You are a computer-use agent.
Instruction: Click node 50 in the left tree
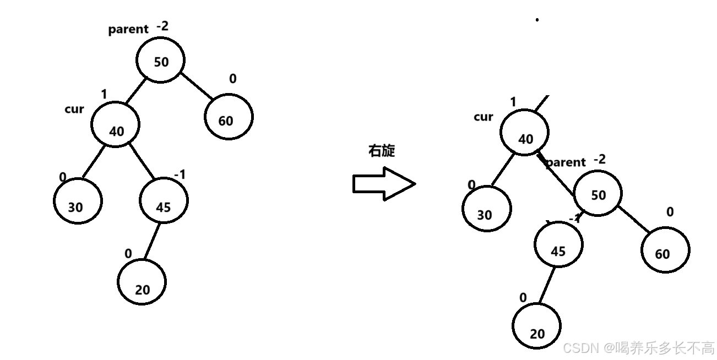[x=160, y=61]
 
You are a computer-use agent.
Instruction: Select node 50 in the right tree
[x=598, y=194]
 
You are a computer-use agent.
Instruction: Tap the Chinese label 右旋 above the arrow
[x=382, y=151]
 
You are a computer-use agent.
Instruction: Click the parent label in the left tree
[x=128, y=29]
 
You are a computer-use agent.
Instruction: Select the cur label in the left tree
[x=74, y=109]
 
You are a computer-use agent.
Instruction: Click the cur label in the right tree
[x=483, y=117]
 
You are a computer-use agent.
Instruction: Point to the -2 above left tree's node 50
[x=162, y=25]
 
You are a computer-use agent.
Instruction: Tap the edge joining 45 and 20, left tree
[x=152, y=241]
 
